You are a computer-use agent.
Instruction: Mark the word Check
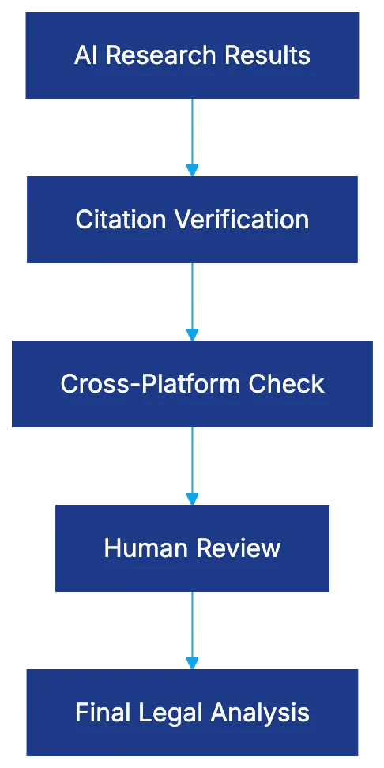click(287, 384)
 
